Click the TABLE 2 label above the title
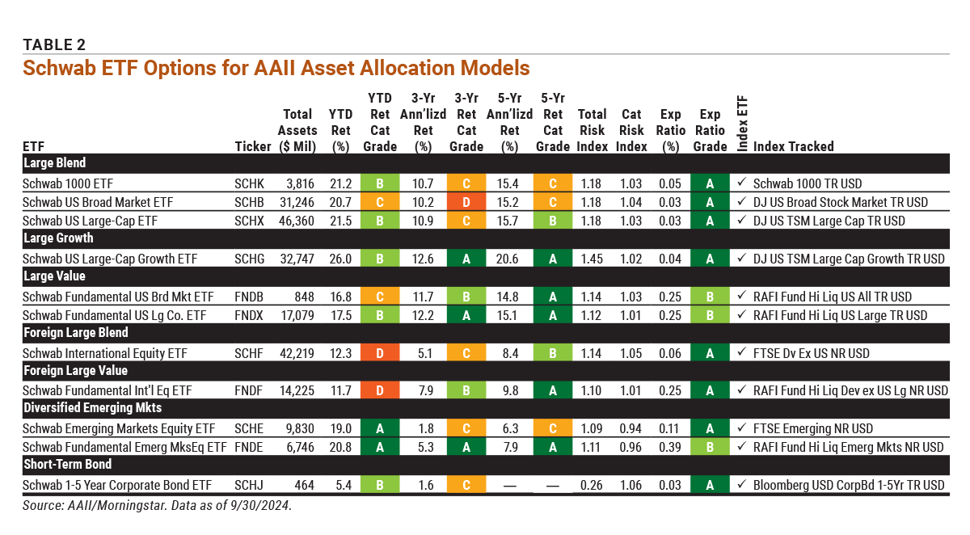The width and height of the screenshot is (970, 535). [54, 44]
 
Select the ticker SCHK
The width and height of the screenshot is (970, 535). [249, 183]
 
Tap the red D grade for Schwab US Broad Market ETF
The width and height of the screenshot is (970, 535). [466, 202]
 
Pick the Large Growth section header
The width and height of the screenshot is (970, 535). [58, 238]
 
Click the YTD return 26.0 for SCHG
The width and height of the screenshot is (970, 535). [340, 259]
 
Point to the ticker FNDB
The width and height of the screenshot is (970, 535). [249, 297]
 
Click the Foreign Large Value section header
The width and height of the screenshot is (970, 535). [75, 371]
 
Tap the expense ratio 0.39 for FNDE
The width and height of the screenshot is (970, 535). [671, 447]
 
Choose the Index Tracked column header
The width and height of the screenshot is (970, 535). [793, 146]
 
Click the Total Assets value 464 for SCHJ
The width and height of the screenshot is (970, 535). [307, 485]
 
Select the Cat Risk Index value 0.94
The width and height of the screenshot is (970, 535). [632, 428]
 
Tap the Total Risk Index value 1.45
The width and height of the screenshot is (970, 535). [593, 259]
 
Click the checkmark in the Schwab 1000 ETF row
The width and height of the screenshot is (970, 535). [742, 183]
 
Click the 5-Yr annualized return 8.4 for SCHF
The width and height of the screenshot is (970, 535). [509, 353]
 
